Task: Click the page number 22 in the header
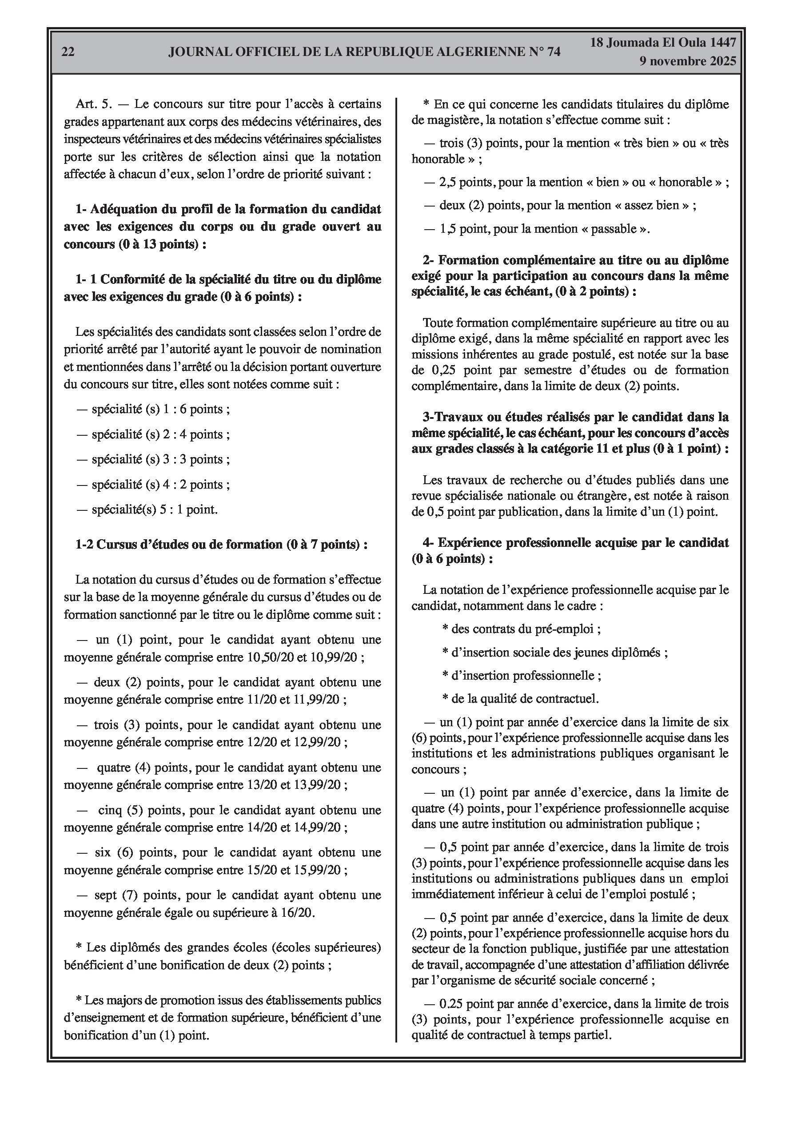tap(68, 52)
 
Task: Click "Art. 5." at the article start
tap(94, 104)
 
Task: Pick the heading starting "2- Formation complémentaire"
tap(570, 275)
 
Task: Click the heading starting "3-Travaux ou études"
tap(570, 433)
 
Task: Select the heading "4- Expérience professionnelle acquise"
tap(570, 550)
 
